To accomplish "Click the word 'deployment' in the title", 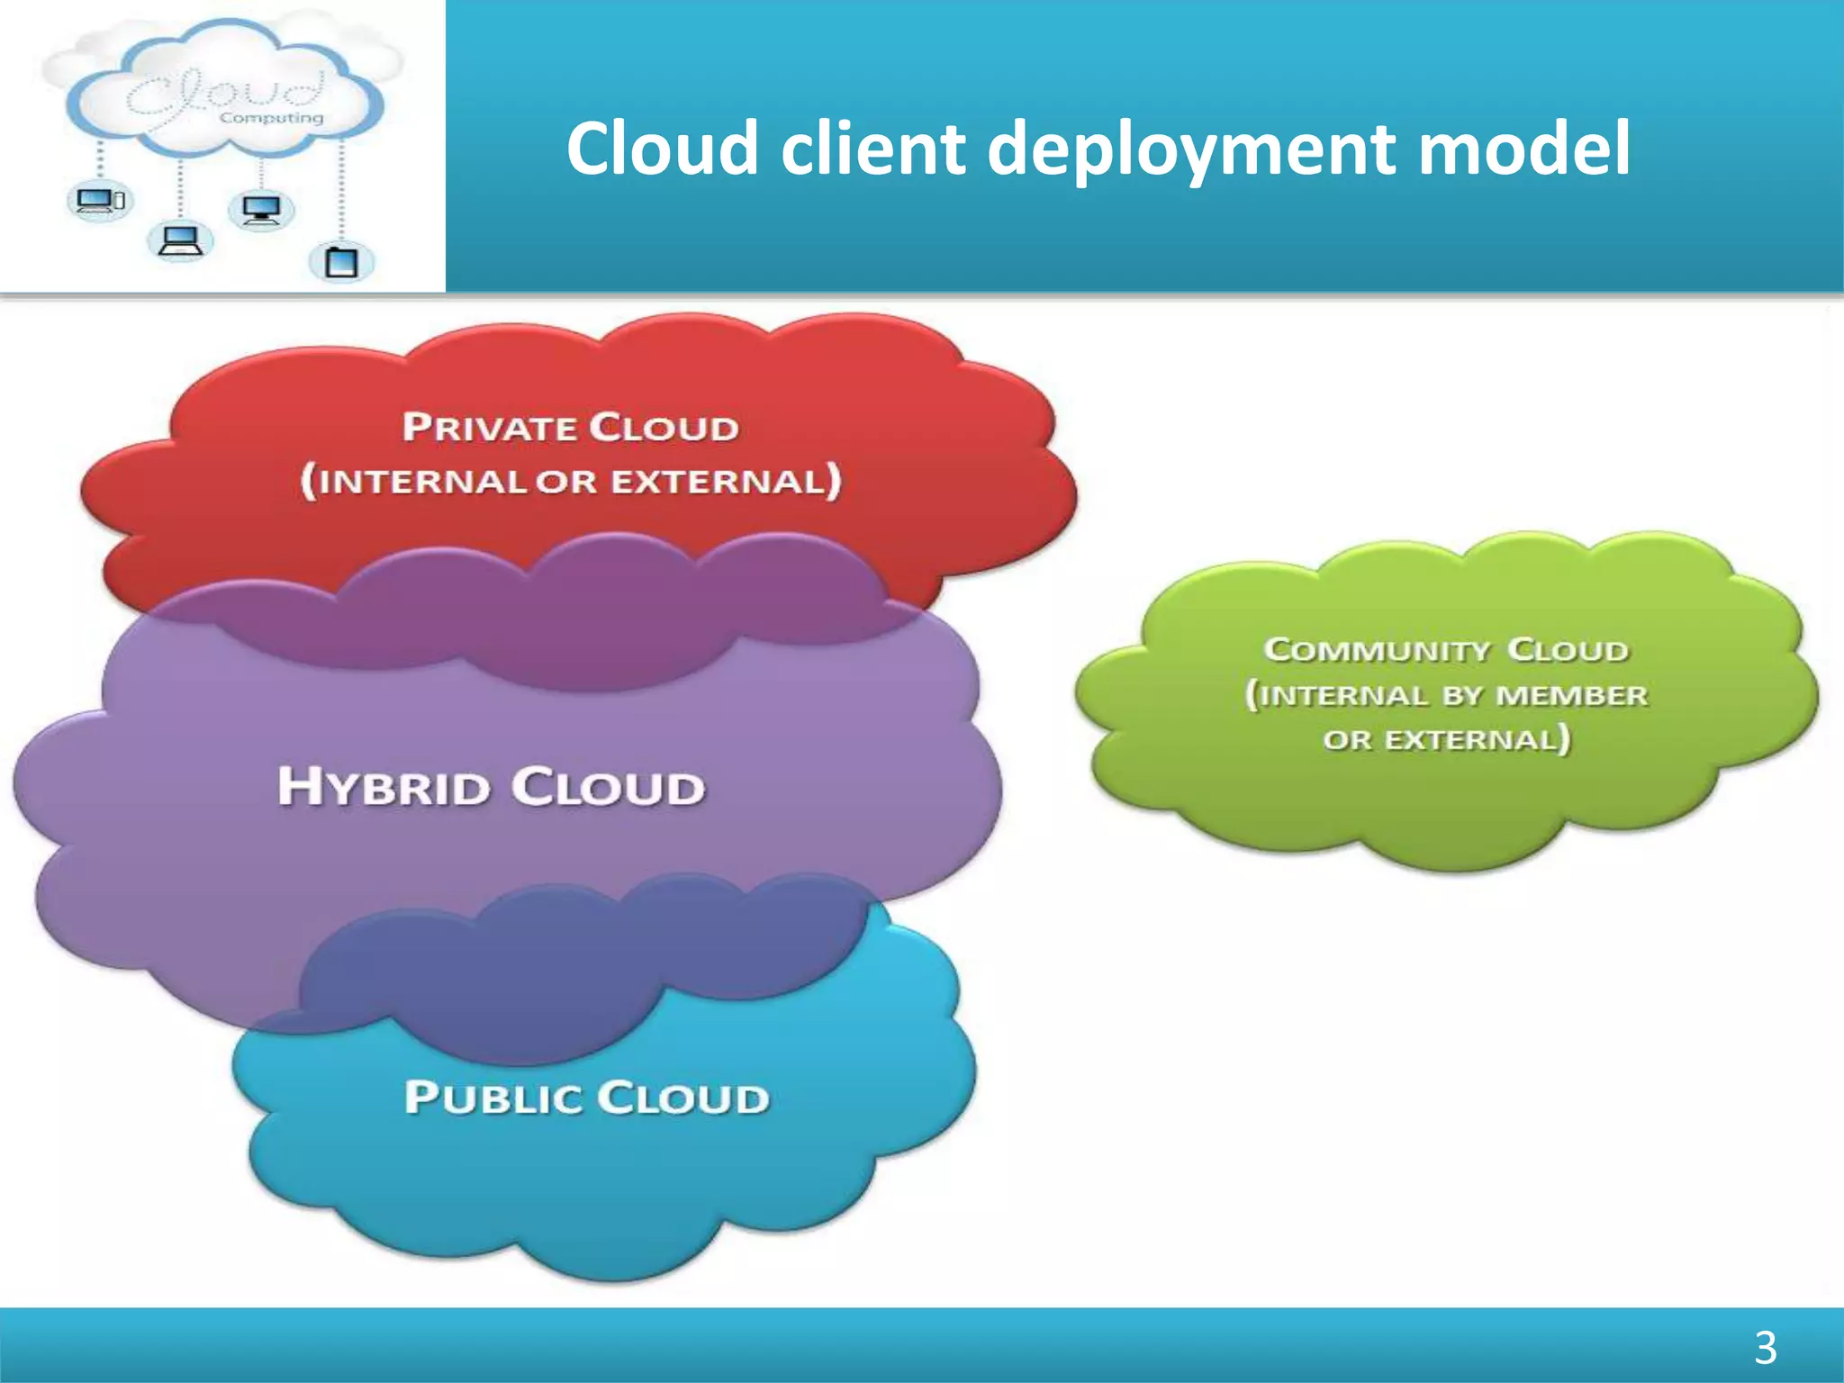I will [x=1194, y=149].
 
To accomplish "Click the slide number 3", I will [x=1765, y=1348].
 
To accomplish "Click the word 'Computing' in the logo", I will [x=271, y=118].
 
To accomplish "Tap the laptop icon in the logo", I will [x=179, y=241].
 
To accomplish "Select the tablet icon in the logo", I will [x=341, y=262].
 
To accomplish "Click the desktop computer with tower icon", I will [x=99, y=201].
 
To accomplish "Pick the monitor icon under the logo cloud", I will [x=261, y=211].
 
